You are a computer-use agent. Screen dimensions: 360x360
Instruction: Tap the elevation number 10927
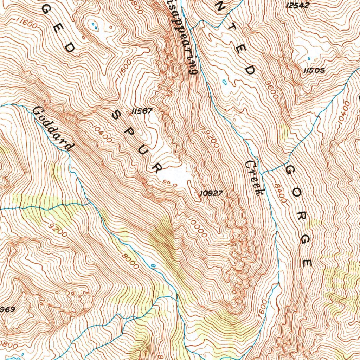point(211,193)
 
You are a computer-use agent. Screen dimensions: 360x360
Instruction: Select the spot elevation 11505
point(314,71)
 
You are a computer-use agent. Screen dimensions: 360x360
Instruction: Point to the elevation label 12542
point(297,5)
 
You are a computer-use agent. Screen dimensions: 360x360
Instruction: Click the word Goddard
point(53,129)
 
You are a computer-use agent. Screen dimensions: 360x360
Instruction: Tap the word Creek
point(255,178)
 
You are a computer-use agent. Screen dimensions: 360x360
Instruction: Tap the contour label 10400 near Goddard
point(103,134)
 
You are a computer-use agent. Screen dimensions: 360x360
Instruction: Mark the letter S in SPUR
point(116,115)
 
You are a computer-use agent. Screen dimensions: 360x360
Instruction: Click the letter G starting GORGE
point(290,171)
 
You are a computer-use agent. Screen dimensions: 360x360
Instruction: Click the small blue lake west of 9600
point(225,82)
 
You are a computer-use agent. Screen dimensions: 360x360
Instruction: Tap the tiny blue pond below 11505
point(309,59)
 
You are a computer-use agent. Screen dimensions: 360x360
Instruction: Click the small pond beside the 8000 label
point(153,265)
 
